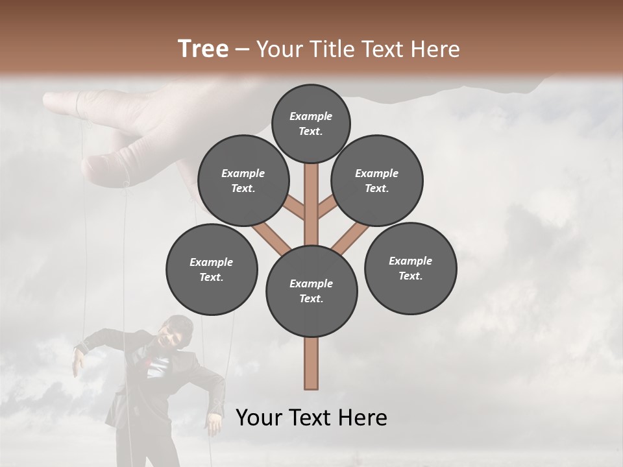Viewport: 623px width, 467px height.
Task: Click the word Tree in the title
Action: coord(202,49)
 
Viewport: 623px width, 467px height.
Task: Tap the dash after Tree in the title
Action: coord(243,50)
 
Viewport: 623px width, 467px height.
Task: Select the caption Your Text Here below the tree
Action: coord(311,418)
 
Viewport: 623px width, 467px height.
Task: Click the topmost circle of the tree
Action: coord(311,123)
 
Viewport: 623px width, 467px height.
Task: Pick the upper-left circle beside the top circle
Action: coord(243,180)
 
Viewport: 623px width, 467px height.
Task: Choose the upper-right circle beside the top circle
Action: coord(376,180)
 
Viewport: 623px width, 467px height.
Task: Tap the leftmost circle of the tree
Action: coord(212,269)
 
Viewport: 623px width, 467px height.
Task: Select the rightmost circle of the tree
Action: coord(410,268)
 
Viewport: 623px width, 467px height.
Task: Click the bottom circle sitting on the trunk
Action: coord(311,291)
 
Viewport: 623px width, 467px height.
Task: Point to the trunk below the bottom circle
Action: coord(311,363)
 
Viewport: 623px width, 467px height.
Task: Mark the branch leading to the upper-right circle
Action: coord(326,208)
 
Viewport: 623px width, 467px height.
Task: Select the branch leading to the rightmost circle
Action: coord(349,237)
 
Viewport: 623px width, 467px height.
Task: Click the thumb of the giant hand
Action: coord(104,169)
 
